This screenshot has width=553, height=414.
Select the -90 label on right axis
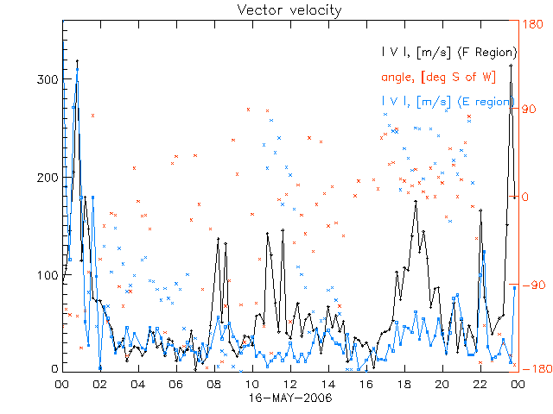[529, 285]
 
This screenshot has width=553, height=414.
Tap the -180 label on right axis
[529, 369]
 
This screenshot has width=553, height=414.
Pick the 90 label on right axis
[529, 110]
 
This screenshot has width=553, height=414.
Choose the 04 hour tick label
[138, 385]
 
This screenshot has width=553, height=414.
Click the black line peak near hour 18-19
[416, 202]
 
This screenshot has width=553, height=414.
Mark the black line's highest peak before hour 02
[77, 61]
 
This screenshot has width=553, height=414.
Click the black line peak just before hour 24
[511, 65]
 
